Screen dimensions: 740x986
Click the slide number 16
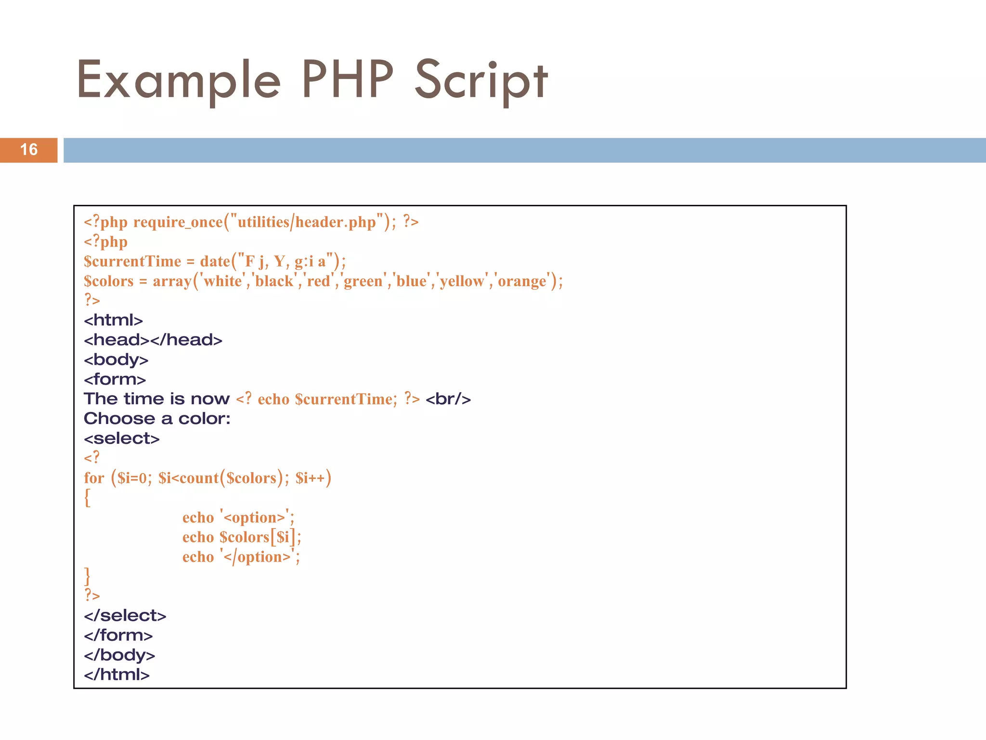pos(29,150)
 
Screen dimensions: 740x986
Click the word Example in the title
pos(179,80)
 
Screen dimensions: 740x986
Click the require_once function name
pos(178,222)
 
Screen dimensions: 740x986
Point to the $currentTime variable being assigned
pos(132,262)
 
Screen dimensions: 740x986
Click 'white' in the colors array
pos(223,281)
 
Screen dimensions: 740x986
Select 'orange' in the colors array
pos(522,281)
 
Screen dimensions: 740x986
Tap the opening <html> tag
pos(113,320)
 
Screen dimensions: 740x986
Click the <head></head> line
pos(153,340)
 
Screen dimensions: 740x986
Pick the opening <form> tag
pos(115,380)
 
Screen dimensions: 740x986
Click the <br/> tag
pos(448,399)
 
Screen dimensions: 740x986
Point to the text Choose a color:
pos(157,419)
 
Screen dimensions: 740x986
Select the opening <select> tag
pos(121,438)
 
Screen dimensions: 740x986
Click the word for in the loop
pos(94,478)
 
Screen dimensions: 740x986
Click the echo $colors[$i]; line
pos(242,537)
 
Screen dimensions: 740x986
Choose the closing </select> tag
pos(125,616)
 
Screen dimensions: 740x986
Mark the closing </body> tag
pos(119,655)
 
